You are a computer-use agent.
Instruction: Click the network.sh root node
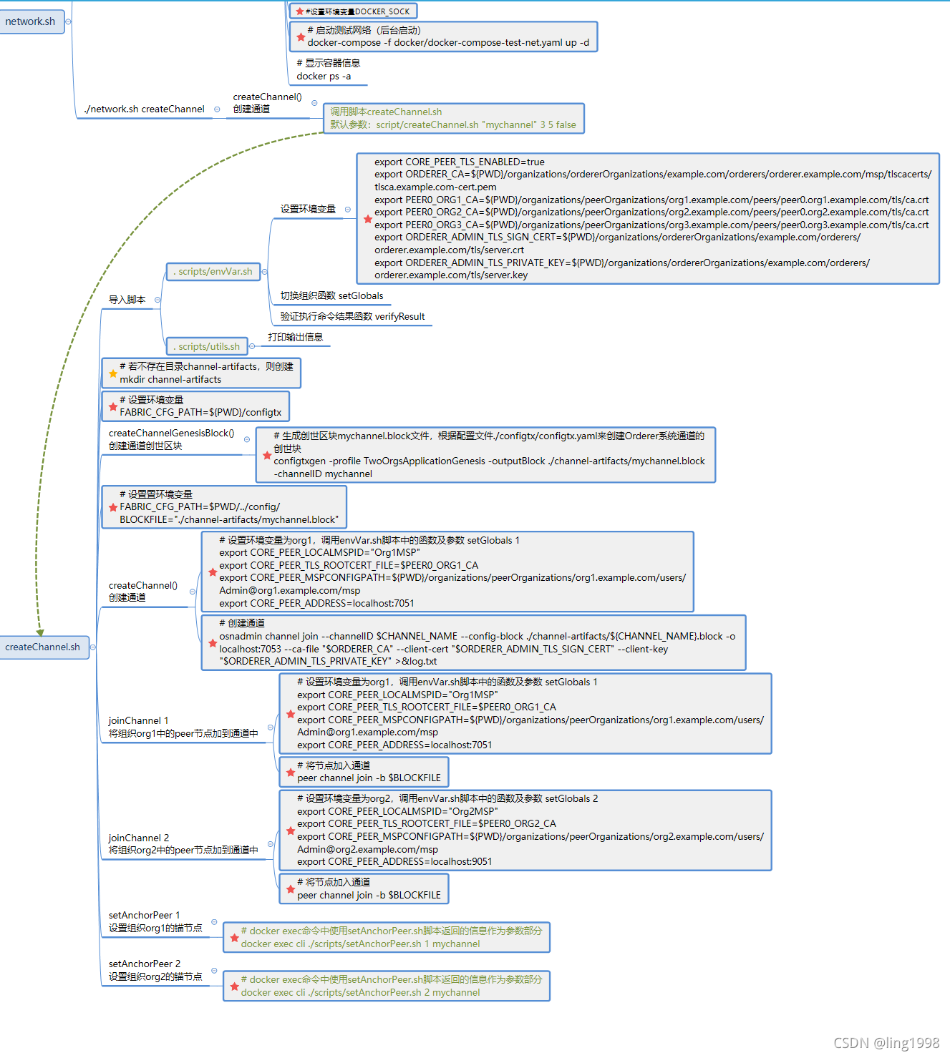click(30, 21)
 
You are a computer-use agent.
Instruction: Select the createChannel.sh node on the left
click(43, 647)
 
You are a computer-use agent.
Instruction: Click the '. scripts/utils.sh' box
click(208, 346)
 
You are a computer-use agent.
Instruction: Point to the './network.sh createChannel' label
click(144, 109)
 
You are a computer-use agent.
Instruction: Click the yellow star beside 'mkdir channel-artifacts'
click(113, 373)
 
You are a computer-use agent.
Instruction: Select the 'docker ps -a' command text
click(324, 77)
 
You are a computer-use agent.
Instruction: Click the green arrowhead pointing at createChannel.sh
click(40, 632)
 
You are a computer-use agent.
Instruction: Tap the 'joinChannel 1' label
click(138, 720)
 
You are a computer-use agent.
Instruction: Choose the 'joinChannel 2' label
click(139, 838)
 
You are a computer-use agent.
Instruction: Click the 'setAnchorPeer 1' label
click(144, 915)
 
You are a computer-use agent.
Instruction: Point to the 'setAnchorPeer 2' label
click(144, 964)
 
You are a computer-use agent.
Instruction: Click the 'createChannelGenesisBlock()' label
click(171, 434)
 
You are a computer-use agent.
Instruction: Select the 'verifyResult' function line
click(352, 316)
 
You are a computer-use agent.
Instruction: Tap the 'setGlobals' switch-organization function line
click(331, 295)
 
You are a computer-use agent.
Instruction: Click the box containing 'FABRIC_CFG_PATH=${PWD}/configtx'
click(195, 406)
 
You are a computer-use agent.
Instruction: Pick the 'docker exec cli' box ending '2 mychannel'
click(387, 986)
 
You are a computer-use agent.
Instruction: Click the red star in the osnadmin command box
click(213, 643)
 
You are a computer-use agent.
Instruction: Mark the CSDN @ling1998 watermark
click(886, 1043)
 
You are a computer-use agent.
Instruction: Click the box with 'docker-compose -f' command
click(444, 36)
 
